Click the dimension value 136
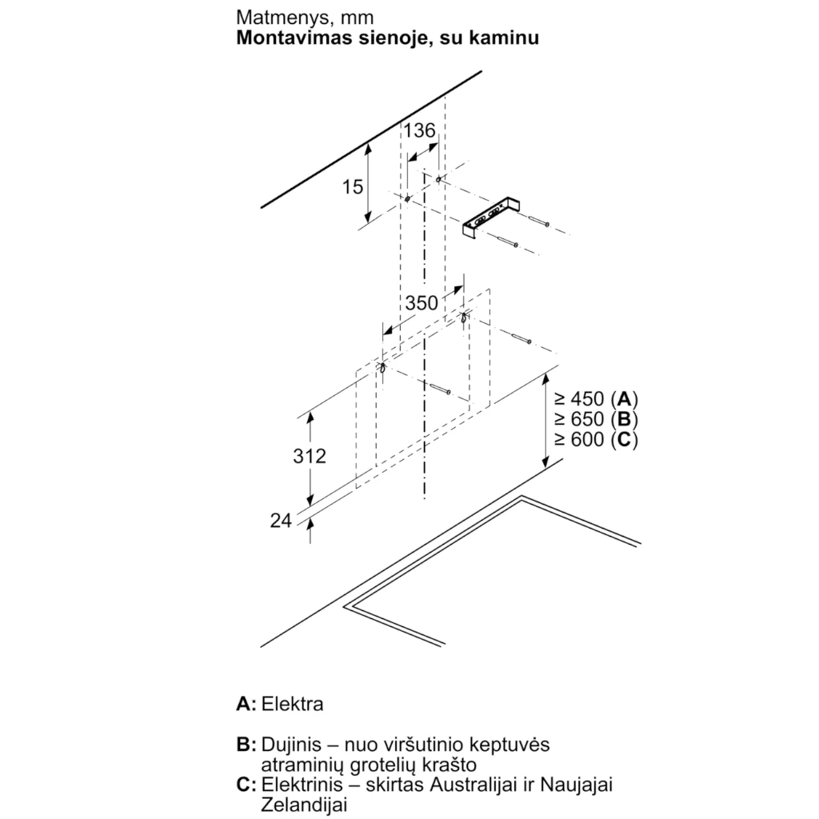419,131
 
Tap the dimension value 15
353,187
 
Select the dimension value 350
421,303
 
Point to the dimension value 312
310,456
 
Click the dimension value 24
281,521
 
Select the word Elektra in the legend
292,704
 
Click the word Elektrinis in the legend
299,785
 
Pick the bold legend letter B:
246,745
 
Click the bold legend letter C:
246,785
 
